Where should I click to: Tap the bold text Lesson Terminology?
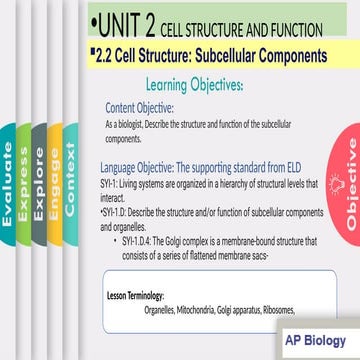click(x=135, y=297)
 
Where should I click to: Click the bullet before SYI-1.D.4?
click(x=123, y=241)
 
